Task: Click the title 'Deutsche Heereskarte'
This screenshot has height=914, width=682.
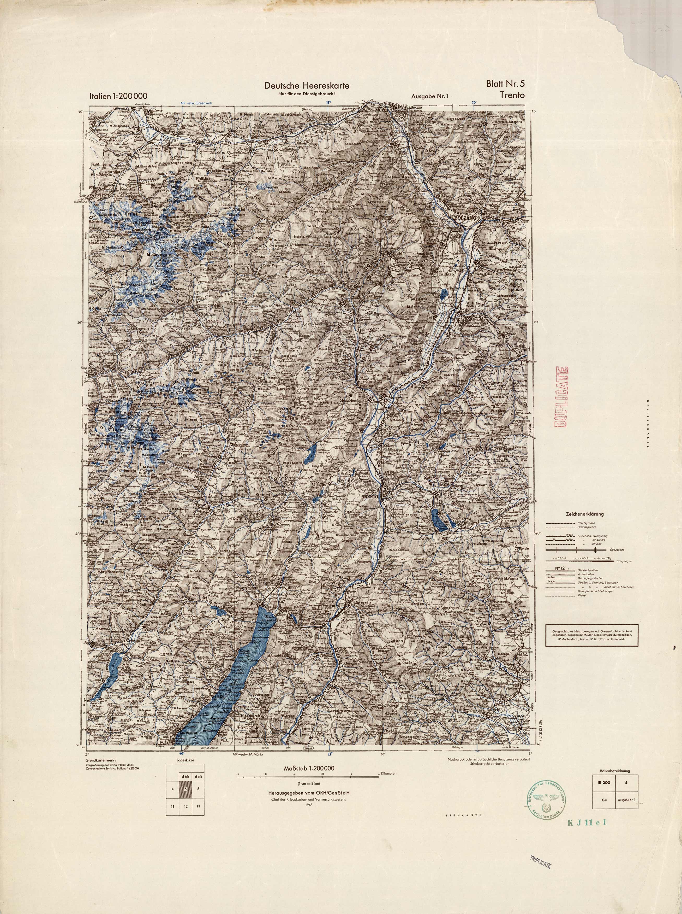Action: [x=307, y=86]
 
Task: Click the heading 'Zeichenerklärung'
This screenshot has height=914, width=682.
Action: [x=588, y=514]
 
